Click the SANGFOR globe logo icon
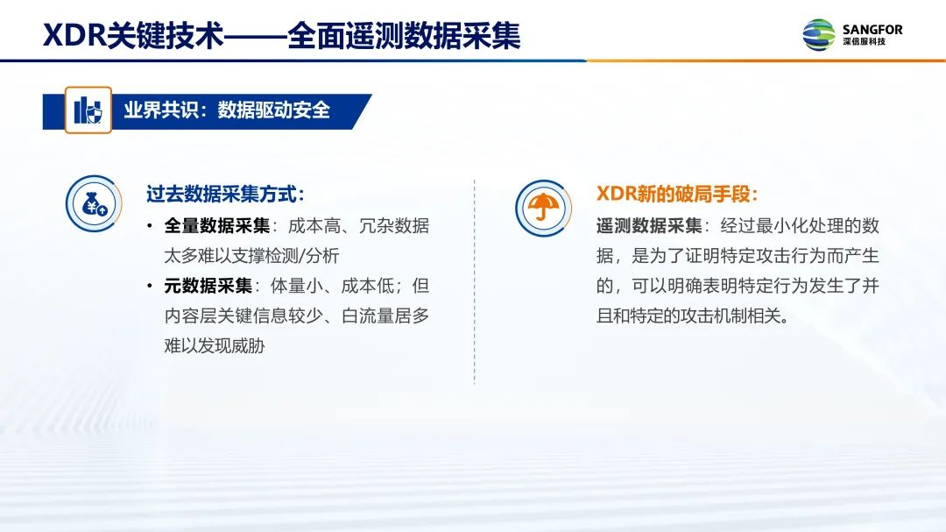coord(819,35)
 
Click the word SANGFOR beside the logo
coord(872,29)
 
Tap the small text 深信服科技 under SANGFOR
coord(865,42)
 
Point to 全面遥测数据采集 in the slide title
coord(404,36)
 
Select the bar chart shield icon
coord(88,110)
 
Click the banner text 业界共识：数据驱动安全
coord(227,110)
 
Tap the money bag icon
coord(94,203)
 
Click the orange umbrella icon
coord(543,207)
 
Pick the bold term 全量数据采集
coord(216,226)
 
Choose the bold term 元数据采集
coord(208,286)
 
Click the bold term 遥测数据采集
coord(649,226)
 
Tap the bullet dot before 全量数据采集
coord(150,226)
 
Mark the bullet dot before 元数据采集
coord(150,287)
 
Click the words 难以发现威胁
coord(215,345)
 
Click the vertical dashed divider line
coord(474,281)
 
